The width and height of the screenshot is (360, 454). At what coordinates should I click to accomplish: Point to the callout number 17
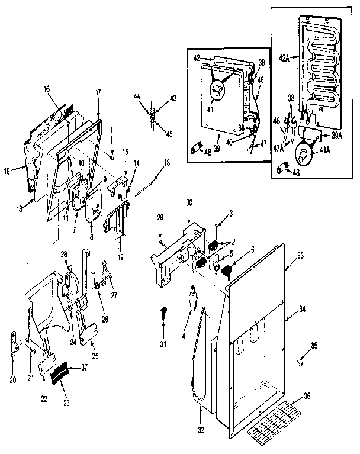click(x=98, y=92)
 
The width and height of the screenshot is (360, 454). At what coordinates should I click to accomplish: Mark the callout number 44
click(x=137, y=96)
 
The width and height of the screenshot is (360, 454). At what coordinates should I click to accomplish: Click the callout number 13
click(x=166, y=162)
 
